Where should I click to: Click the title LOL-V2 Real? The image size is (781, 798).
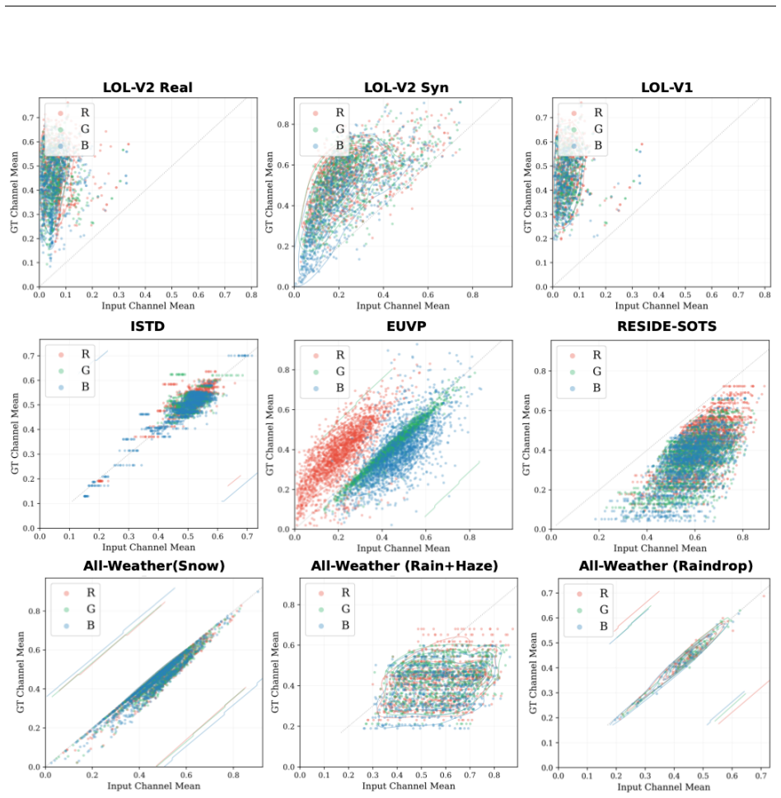click(147, 87)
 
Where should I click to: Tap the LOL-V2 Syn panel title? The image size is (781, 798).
click(406, 87)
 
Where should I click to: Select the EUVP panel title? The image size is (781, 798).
click(406, 326)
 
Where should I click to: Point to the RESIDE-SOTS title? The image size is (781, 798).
click(667, 326)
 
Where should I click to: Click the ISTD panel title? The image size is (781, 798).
click(147, 326)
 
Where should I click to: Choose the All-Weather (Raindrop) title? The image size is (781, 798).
click(666, 566)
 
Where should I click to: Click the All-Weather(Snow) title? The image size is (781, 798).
click(154, 566)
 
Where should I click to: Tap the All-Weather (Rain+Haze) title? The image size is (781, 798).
click(405, 566)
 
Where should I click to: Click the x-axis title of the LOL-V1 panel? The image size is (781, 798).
click(662, 306)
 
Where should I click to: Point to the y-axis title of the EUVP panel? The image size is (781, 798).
click(269, 435)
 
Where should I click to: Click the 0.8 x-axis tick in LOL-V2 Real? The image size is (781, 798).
click(251, 295)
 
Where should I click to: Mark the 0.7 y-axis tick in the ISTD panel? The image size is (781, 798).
click(28, 357)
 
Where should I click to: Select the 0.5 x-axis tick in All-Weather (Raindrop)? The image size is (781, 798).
click(703, 776)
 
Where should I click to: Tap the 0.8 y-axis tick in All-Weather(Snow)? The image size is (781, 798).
click(34, 611)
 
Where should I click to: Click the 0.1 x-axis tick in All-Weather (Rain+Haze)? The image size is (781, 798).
click(324, 775)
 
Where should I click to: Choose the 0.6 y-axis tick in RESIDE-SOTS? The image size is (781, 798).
click(540, 411)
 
